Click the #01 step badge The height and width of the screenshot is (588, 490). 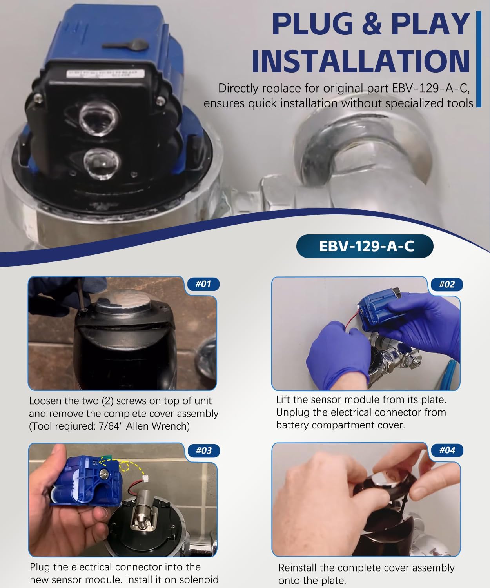coord(203,284)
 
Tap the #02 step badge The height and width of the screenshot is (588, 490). coord(446,284)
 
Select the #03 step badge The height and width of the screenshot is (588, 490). coord(203,450)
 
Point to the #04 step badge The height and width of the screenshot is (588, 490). coord(447,450)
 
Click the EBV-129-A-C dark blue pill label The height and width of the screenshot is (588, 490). coord(365,247)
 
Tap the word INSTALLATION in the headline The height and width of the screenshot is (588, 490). coord(360,61)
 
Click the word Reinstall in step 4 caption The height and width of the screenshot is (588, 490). coord(298,568)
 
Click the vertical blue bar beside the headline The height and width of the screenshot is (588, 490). coord(478,59)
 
